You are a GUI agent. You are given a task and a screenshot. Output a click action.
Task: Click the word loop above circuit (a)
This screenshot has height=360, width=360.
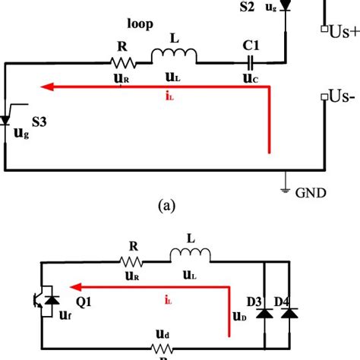point(140,24)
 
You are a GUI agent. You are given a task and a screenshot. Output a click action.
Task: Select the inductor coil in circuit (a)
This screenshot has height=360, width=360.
point(174,55)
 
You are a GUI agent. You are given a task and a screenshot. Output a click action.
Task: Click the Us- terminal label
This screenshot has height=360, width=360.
point(338,97)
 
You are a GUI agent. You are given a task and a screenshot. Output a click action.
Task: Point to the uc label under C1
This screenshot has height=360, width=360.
point(250,77)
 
